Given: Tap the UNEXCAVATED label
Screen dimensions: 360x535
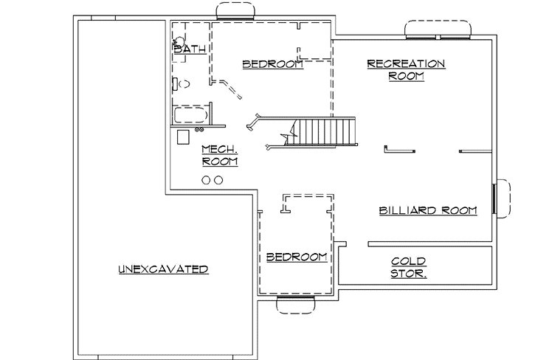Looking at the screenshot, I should point(163,269).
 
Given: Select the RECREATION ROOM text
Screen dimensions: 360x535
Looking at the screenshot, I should point(406,69).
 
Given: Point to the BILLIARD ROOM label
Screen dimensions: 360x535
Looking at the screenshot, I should point(428,210).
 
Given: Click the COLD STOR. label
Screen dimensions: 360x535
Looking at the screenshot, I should point(408,268).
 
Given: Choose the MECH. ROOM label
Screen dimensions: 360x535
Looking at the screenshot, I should point(219,154).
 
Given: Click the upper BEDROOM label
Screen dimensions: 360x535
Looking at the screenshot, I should point(273,64).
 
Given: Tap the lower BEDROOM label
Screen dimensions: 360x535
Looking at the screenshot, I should point(296,257).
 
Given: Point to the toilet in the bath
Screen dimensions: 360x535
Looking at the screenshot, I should point(183,83).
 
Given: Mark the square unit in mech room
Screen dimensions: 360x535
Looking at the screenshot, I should point(184,139).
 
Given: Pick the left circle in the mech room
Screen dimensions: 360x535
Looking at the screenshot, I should point(206,179).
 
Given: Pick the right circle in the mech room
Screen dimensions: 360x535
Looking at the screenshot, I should point(218,179).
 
